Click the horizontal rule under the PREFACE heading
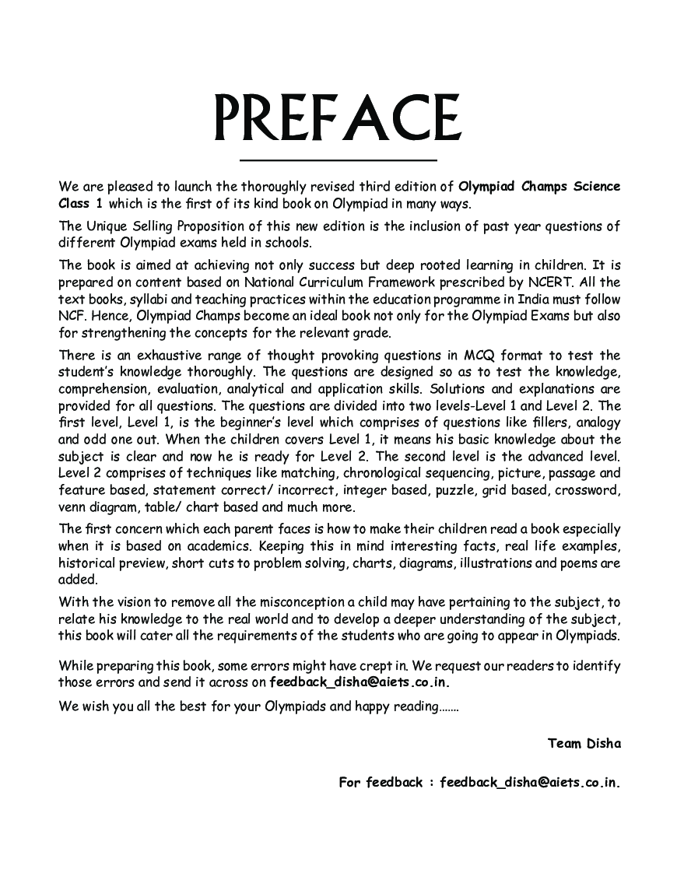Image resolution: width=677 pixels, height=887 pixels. pos(338,160)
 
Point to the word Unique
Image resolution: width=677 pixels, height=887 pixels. pos(107,226)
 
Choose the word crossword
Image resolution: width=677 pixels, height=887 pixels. pos(588,491)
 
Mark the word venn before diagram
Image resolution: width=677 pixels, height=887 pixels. pos(74,508)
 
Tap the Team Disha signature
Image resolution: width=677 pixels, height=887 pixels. pos(584,743)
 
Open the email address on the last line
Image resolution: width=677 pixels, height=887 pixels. pos(530,782)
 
